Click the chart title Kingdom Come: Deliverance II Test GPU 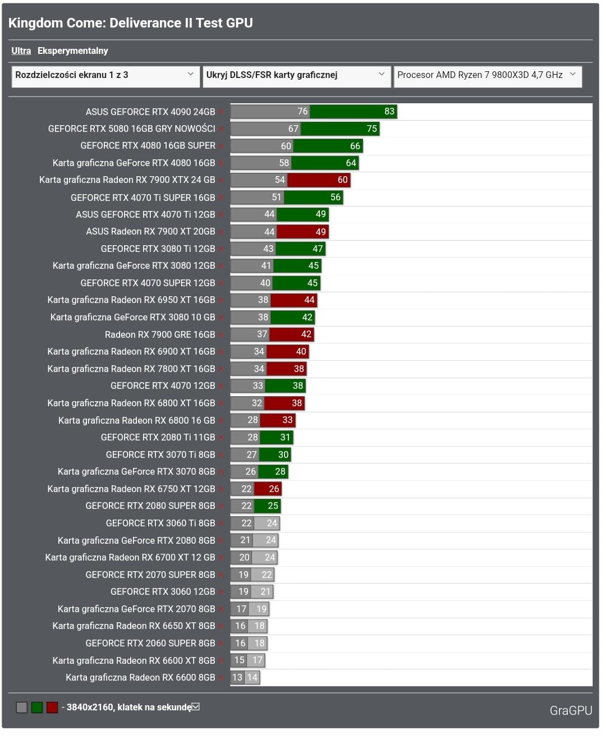click(130, 23)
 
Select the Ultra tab click(21, 50)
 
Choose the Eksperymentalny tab click(72, 50)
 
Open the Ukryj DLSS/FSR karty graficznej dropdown click(296, 75)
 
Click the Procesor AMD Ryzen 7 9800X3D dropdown click(487, 75)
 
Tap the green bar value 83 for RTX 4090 click(389, 111)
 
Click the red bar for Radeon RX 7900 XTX click(319, 180)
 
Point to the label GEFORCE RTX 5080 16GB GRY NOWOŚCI click(131, 128)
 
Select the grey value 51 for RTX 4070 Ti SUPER click(276, 198)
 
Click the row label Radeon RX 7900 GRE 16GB click(160, 334)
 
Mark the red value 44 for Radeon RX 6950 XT click(309, 300)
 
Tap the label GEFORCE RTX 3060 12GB click(163, 591)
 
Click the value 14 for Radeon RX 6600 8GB click(252, 677)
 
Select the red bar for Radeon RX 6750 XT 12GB click(268, 489)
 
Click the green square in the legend click(37, 708)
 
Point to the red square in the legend click(52, 708)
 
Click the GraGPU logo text click(571, 710)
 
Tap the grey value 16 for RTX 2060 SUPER click(240, 643)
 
